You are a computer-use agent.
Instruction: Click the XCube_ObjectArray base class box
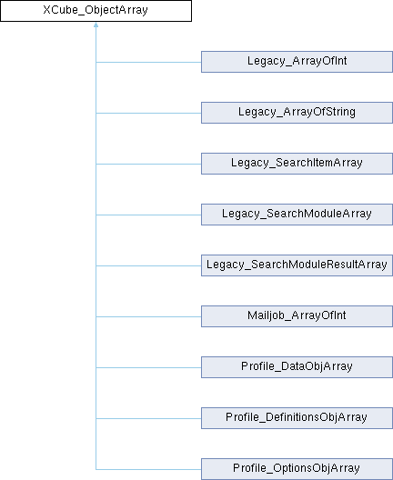click(x=96, y=11)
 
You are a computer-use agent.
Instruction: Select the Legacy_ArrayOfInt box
click(x=297, y=62)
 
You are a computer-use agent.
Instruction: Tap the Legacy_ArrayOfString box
click(x=297, y=113)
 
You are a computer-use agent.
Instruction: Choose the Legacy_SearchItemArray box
click(x=297, y=164)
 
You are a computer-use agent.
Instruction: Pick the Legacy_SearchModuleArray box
click(x=297, y=215)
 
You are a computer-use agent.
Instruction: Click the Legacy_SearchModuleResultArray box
click(x=297, y=265)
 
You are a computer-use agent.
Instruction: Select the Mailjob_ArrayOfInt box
click(x=297, y=316)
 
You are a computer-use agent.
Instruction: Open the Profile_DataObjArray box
click(x=297, y=367)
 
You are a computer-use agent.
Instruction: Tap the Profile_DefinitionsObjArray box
click(x=297, y=418)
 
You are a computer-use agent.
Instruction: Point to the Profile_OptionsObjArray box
click(x=297, y=469)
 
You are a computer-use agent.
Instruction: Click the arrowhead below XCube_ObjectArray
click(x=96, y=25)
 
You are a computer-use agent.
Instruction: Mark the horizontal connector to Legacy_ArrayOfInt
click(x=148, y=62)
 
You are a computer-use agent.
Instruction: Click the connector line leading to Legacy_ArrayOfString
click(x=148, y=113)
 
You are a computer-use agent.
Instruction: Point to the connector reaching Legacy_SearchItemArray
click(x=148, y=164)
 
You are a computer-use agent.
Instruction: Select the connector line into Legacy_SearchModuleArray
click(x=148, y=215)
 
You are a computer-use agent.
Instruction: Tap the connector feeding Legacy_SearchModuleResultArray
click(x=148, y=265)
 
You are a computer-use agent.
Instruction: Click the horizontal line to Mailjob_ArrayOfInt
click(x=148, y=317)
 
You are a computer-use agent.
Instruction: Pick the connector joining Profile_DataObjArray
click(x=148, y=367)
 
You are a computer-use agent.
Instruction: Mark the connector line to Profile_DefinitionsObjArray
click(x=148, y=418)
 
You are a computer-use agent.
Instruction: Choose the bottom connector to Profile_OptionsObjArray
click(x=148, y=469)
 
